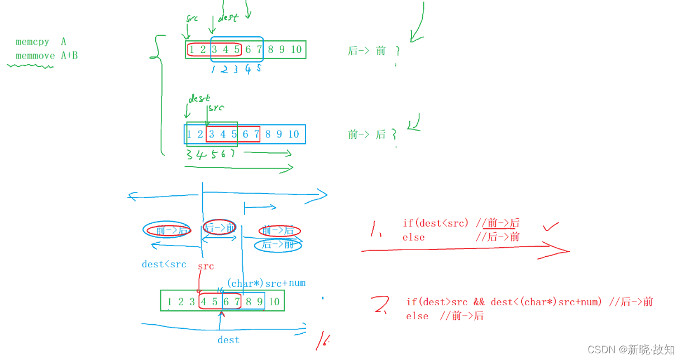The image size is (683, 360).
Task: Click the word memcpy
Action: [x=32, y=42]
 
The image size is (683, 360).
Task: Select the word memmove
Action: [x=35, y=55]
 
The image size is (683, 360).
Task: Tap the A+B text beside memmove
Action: [x=69, y=55]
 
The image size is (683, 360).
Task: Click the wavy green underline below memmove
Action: [x=30, y=66]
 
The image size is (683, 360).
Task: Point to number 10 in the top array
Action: [x=296, y=49]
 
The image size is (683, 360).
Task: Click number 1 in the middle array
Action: [x=189, y=134]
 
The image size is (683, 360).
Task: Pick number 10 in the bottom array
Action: [x=274, y=302]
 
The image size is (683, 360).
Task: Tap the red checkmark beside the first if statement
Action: [x=551, y=227]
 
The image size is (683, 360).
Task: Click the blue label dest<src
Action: [x=164, y=264]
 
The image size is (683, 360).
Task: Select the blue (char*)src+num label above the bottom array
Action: [x=266, y=283]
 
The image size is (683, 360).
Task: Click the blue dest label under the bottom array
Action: [x=228, y=340]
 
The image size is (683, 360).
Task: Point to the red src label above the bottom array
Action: [x=206, y=266]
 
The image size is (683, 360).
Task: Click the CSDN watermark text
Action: [x=631, y=349]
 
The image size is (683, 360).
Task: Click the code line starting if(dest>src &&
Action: [x=529, y=302]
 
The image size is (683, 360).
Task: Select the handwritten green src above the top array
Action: [x=192, y=18]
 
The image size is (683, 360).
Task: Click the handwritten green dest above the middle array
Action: [x=199, y=99]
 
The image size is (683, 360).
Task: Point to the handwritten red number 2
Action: [x=381, y=305]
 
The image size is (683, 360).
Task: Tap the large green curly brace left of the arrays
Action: [x=159, y=95]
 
